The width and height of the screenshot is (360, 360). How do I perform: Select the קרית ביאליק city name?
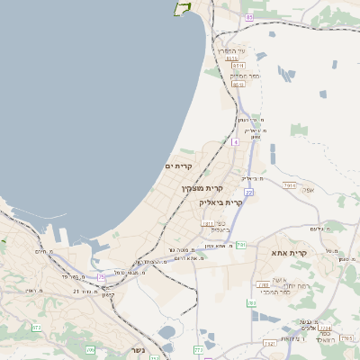pyautogui.click(x=221, y=203)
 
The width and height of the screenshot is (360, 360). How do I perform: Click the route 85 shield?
pyautogui.click(x=249, y=16)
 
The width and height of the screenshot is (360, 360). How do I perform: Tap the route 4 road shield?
pyautogui.click(x=236, y=142)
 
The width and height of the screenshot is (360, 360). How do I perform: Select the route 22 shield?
pyautogui.click(x=248, y=192)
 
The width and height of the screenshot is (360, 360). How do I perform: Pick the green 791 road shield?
pyautogui.click(x=240, y=245)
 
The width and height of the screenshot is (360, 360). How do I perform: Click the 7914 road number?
pyautogui.click(x=289, y=185)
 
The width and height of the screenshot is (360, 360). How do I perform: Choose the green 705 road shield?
pyautogui.click(x=90, y=348)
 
